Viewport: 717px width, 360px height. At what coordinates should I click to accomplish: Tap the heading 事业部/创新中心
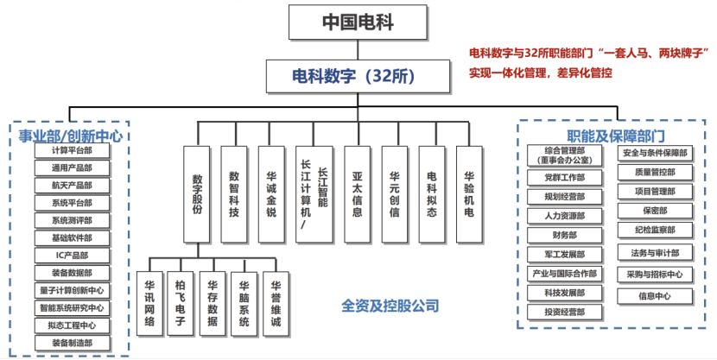pyautogui.click(x=70, y=136)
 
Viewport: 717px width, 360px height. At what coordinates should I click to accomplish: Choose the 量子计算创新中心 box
pyautogui.click(x=72, y=290)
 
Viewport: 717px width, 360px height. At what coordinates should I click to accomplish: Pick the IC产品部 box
pyautogui.click(x=72, y=256)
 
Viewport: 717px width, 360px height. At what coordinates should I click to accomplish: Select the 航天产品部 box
pyautogui.click(x=72, y=185)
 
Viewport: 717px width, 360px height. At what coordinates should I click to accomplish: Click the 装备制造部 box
pyautogui.click(x=72, y=343)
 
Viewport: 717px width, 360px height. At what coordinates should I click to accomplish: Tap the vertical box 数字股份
pyautogui.click(x=197, y=194)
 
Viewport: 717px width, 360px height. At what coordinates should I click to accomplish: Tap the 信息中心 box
pyautogui.click(x=654, y=295)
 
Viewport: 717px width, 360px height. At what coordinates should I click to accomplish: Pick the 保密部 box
pyautogui.click(x=654, y=210)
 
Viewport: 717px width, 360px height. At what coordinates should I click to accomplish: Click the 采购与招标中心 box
pyautogui.click(x=654, y=275)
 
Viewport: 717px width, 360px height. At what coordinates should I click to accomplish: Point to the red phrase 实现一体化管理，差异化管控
pyautogui.click(x=540, y=74)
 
